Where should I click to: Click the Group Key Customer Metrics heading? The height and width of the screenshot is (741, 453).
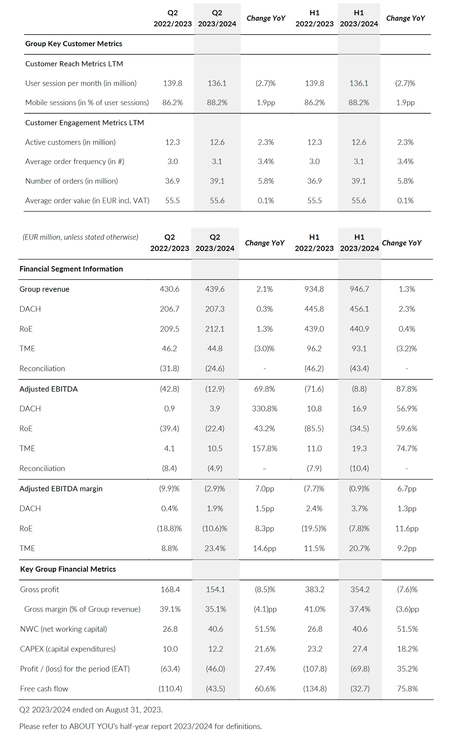click(x=74, y=44)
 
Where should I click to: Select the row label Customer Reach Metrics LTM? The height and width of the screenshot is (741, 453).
click(x=74, y=64)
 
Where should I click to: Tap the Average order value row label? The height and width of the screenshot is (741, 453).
click(x=87, y=201)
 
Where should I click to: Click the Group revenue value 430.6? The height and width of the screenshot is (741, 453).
click(x=170, y=289)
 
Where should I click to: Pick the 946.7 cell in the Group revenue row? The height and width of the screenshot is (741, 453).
click(x=359, y=289)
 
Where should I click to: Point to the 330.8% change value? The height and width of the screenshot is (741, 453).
click(x=265, y=409)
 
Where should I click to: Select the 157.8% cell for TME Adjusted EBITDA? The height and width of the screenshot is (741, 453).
click(x=265, y=449)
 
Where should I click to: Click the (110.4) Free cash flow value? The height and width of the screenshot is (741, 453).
click(x=170, y=689)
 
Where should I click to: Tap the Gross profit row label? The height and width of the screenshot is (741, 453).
click(x=40, y=590)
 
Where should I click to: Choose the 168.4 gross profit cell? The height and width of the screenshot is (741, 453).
click(x=170, y=590)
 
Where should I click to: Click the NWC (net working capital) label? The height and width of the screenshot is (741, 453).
click(x=64, y=629)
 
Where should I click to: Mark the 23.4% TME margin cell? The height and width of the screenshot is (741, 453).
click(x=215, y=548)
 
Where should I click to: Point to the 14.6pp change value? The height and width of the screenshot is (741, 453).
click(x=265, y=548)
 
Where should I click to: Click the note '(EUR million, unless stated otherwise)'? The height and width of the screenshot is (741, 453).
click(x=80, y=237)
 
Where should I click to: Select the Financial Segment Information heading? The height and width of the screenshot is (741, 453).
click(x=71, y=269)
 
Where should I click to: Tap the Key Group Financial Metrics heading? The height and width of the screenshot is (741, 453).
click(x=68, y=569)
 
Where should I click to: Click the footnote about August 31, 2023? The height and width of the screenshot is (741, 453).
click(x=91, y=710)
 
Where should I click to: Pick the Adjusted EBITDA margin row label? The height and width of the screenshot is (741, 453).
click(x=61, y=489)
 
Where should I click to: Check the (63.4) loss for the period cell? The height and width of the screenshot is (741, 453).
click(x=170, y=669)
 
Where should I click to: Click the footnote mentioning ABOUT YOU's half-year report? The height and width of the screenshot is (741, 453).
click(x=141, y=726)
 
